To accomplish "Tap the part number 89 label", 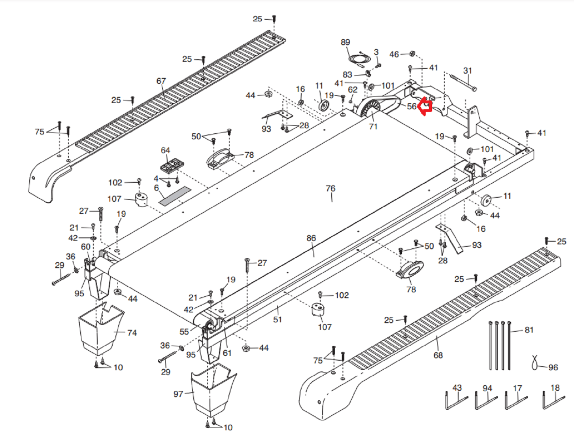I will pyautogui.click(x=345, y=42).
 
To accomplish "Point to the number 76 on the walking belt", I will pyautogui.click(x=330, y=189).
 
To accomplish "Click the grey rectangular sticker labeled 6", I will pyautogui.click(x=175, y=196).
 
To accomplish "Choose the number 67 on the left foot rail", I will pyautogui.click(x=161, y=81).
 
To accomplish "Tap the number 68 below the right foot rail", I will pyautogui.click(x=438, y=355).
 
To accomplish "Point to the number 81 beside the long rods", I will pyautogui.click(x=529, y=330).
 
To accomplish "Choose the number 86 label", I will pyautogui.click(x=311, y=238).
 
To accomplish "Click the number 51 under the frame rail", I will pyautogui.click(x=278, y=319).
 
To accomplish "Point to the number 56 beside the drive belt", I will pyautogui.click(x=412, y=106).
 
